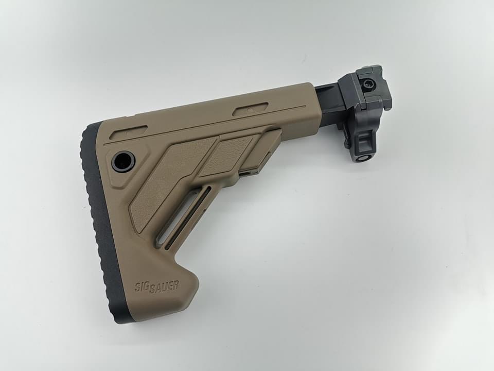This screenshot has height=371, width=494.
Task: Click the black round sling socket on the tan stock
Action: pyautogui.click(x=123, y=161)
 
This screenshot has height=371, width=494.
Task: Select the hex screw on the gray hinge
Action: pyautogui.click(x=367, y=83)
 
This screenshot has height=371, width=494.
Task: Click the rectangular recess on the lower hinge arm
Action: pyautogui.click(x=365, y=139)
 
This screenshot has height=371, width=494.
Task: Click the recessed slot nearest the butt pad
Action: pyautogui.click(x=129, y=131)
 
